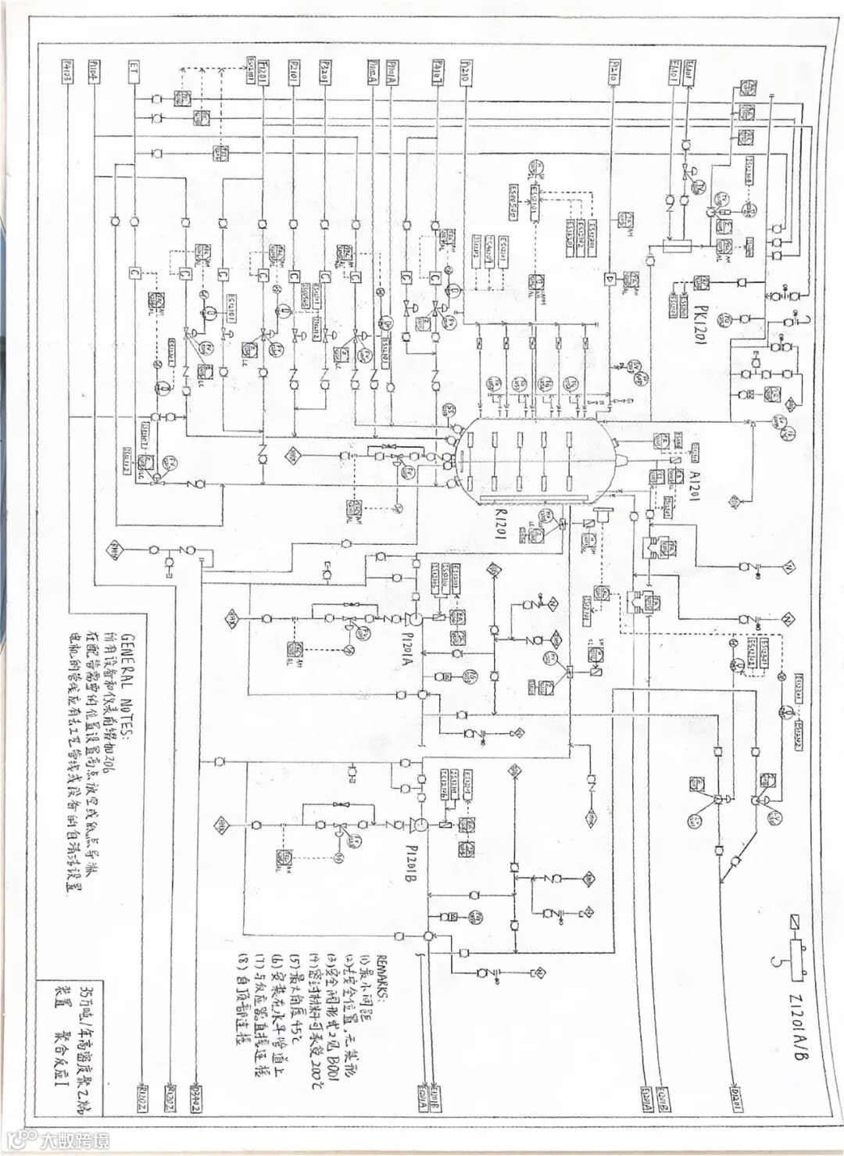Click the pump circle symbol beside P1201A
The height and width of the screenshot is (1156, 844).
coord(417,617)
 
